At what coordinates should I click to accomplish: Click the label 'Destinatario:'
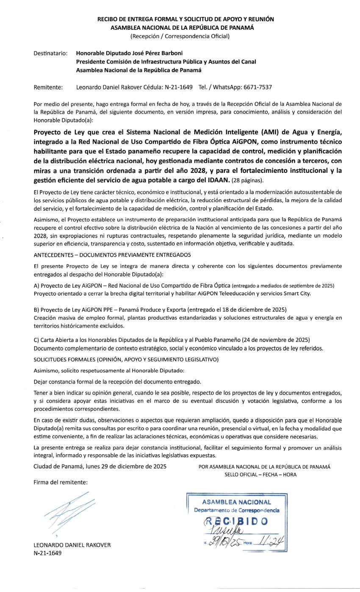pyautogui.click(x=50, y=53)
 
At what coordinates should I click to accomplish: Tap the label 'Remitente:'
pyautogui.click(x=48, y=87)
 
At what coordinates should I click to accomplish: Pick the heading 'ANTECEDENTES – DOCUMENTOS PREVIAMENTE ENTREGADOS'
pyautogui.click(x=112, y=255)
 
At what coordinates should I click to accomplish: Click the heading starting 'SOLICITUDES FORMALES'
pyautogui.click(x=126, y=359)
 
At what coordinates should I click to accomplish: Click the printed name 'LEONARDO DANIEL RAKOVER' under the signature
pyautogui.click(x=72, y=545)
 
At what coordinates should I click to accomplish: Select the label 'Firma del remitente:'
pyautogui.click(x=60, y=482)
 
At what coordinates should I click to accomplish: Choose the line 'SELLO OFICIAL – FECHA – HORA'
pyautogui.click(x=260, y=475)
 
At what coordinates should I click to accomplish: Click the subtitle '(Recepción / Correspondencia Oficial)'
pyautogui.click(x=180, y=36)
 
